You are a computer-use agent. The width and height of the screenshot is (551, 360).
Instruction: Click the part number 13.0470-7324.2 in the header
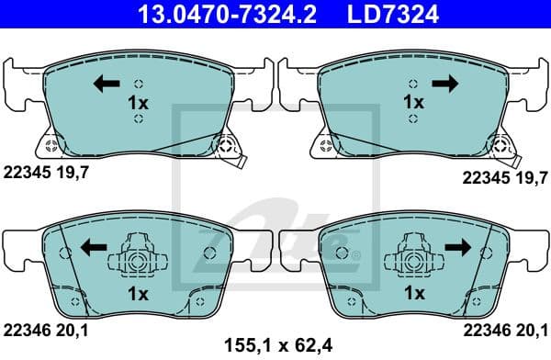coord(214,14)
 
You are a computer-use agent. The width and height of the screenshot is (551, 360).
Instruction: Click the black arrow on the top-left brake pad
coord(106,85)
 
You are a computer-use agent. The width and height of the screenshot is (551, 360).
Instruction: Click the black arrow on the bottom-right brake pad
coord(455,247)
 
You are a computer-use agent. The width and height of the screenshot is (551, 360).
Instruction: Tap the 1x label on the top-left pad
coord(138,103)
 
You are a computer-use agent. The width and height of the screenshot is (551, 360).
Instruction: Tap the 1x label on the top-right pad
coord(415,103)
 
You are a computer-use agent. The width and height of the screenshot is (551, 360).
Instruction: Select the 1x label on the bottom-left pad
coord(138,294)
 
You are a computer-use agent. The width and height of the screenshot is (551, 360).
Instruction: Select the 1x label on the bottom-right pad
coord(415,294)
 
